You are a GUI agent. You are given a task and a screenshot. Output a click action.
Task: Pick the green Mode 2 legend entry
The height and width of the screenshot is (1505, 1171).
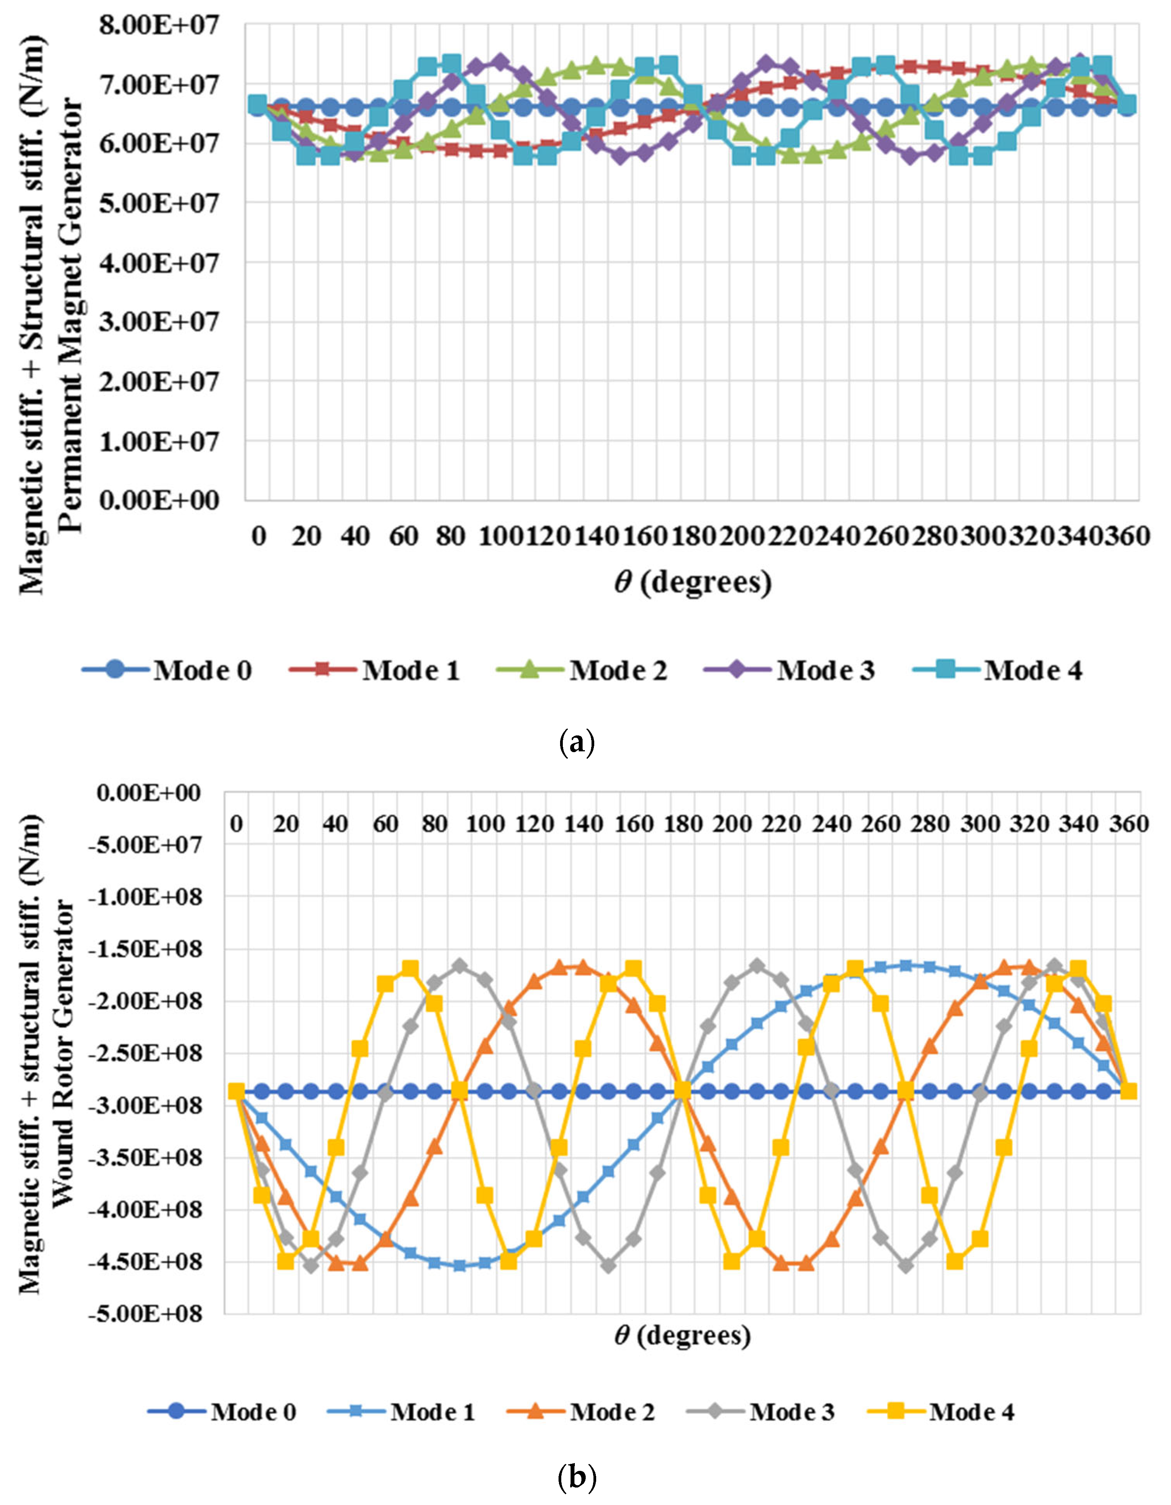click(x=582, y=670)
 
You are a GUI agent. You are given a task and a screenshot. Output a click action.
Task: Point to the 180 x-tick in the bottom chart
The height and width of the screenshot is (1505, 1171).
click(x=683, y=824)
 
